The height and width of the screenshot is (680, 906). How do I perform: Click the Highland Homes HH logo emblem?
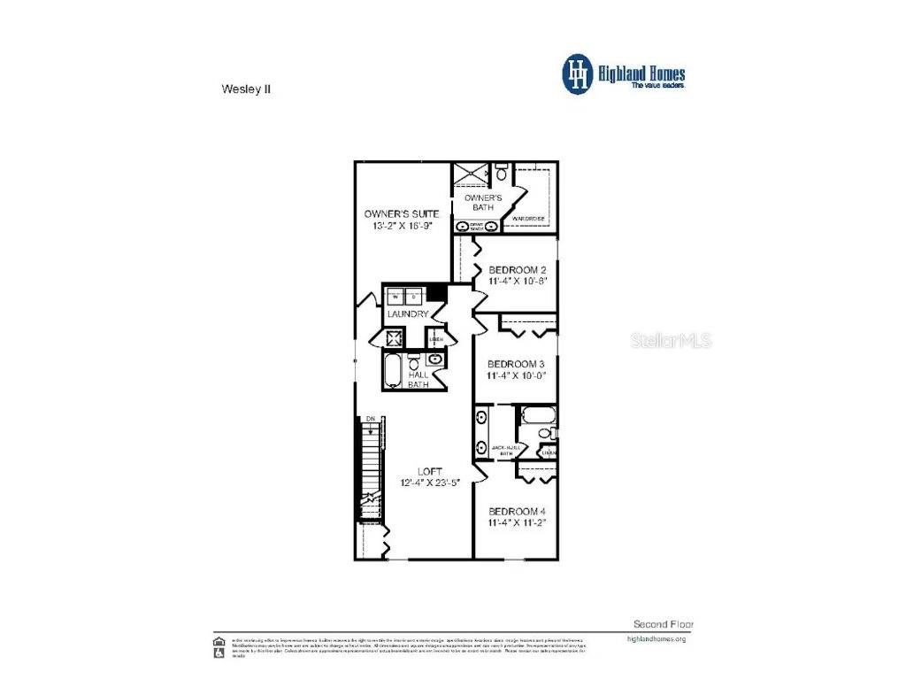[x=579, y=73]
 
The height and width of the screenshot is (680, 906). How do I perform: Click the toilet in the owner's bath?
[x=502, y=167]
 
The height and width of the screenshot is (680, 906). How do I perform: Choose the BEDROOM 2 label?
[x=518, y=270]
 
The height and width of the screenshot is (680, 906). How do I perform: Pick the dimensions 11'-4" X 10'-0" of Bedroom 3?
[x=517, y=375]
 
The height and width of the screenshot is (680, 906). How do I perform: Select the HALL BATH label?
[x=418, y=379]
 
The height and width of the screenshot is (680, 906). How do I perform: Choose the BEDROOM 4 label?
[x=517, y=512]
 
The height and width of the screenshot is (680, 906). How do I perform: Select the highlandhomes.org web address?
[x=656, y=638]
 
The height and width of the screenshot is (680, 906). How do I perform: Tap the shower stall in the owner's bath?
[x=469, y=174]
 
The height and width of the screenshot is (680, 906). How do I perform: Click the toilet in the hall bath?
[x=414, y=362]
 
